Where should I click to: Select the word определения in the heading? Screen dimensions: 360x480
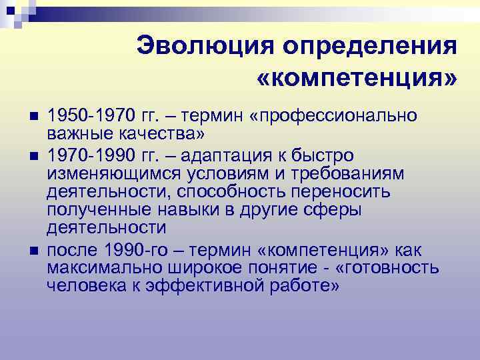coord(371,47)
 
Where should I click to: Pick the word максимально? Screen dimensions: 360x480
coord(101,268)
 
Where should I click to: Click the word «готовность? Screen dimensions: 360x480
coord(378,268)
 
